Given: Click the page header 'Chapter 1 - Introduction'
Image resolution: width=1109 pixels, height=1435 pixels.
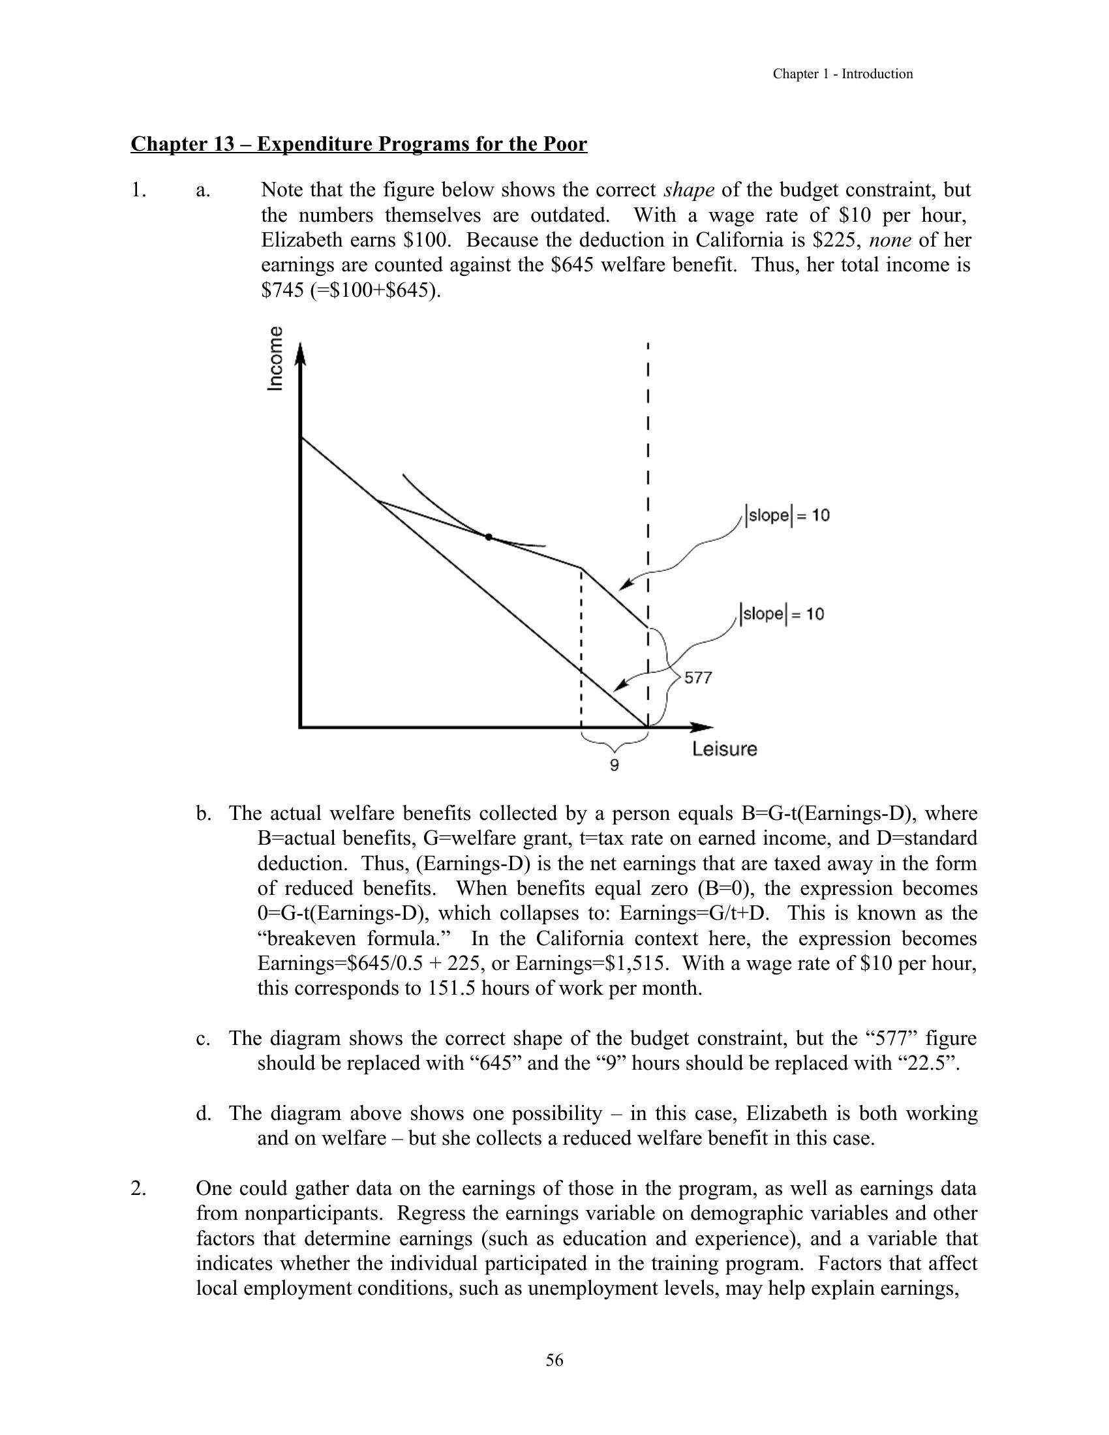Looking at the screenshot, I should point(842,74).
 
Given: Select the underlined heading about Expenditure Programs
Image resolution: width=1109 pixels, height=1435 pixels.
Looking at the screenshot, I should point(359,144).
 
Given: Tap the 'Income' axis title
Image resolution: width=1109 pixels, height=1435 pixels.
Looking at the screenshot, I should point(276,359).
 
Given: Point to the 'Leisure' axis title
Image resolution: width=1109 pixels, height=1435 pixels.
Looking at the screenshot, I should point(724,749).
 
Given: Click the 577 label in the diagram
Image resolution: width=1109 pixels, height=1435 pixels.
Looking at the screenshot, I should point(698,678).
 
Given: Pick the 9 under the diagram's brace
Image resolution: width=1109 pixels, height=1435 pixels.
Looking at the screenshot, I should point(615,766).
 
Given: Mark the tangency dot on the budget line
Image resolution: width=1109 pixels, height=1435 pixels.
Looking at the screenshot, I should point(488,537).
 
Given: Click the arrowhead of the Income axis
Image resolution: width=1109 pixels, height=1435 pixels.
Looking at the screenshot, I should point(300,353).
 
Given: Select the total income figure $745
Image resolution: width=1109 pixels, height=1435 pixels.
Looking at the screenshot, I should point(280,290).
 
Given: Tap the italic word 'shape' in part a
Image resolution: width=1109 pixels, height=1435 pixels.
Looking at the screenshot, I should point(689,190).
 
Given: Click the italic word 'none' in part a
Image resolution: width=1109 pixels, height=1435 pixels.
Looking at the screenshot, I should point(890,240).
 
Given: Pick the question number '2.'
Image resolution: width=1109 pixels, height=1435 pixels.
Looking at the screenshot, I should point(138,1188).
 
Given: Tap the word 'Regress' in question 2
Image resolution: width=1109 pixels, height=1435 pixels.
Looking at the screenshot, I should point(431,1213).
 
